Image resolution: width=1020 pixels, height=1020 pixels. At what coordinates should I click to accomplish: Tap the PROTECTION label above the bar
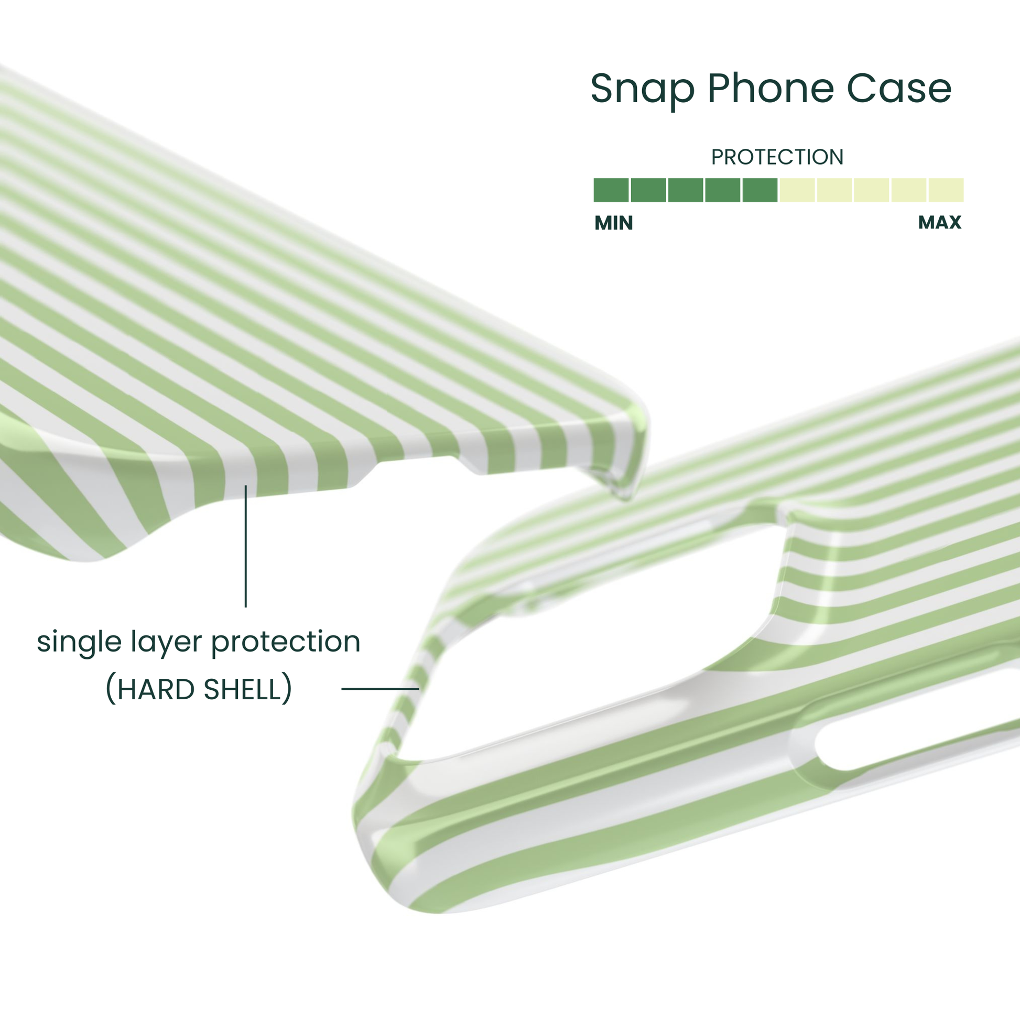coord(777,157)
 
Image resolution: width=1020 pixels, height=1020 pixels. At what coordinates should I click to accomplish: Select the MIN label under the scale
coord(613,223)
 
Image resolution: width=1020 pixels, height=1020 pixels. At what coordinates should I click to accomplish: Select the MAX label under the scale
coord(940,222)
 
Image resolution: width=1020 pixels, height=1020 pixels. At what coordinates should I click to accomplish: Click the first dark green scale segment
coord(611,190)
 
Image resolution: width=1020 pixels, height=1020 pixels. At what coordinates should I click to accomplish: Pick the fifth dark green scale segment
coord(759,190)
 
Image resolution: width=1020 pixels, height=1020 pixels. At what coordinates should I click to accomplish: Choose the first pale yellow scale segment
coord(797,190)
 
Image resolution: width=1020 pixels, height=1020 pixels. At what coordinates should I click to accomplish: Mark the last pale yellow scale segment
coord(946,190)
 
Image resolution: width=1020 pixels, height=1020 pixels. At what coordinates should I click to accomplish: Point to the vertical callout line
coord(245,546)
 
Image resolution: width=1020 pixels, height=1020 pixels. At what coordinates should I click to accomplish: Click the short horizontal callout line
coord(380,688)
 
